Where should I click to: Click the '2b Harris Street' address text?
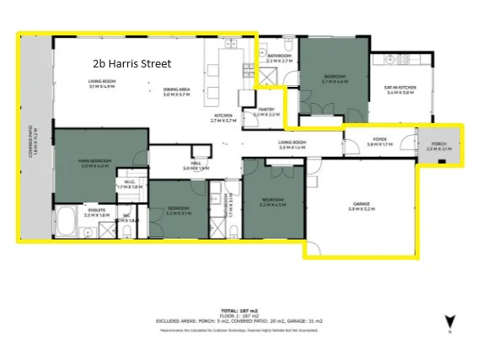pos(131,63)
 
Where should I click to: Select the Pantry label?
pos(266,110)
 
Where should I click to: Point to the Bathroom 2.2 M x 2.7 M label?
pos(279,58)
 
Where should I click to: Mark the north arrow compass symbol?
pos(449,320)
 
